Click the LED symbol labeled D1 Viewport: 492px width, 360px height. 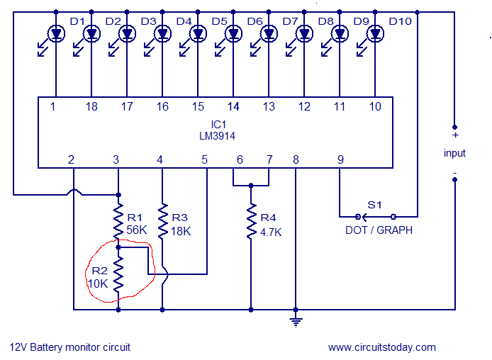[56, 33]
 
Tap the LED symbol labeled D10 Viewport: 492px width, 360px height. [375, 33]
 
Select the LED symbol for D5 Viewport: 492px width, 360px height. [198, 33]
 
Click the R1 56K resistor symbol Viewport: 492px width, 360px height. [118, 222]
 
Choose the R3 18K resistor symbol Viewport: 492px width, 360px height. [162, 222]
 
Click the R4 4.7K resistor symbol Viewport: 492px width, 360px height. [250, 222]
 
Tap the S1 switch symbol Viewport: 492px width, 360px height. [376, 215]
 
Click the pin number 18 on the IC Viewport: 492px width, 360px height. [91, 107]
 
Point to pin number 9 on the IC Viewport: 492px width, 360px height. [340, 160]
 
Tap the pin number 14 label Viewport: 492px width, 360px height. [233, 107]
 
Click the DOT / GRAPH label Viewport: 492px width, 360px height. [379, 230]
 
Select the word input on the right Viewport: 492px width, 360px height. [454, 153]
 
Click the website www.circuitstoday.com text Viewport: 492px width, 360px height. [382, 347]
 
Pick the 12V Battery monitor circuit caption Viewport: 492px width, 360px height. [70, 347]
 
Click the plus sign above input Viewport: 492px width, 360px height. [454, 135]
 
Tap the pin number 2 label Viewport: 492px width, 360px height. [72, 160]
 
